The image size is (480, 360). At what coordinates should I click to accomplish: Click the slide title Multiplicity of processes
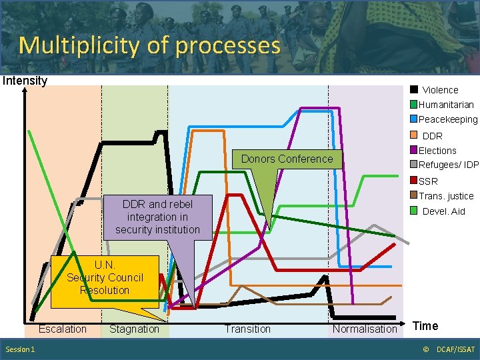(149, 45)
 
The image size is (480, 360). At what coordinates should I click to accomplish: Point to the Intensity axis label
(25, 81)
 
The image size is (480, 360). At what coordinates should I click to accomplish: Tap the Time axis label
(425, 325)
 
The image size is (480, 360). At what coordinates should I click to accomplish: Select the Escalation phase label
(62, 329)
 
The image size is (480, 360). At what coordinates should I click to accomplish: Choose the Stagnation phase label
(134, 329)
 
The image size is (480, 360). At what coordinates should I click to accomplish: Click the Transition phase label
(247, 329)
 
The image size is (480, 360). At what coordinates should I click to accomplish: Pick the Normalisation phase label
(365, 329)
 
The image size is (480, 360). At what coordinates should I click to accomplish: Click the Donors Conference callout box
(286, 159)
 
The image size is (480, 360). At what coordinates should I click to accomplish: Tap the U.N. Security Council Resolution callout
(105, 278)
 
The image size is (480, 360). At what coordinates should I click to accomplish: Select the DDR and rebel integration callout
(157, 217)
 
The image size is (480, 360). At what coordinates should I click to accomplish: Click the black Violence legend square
(414, 90)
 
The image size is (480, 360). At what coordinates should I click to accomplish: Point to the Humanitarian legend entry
(445, 105)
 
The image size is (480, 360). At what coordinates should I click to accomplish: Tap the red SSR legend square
(414, 181)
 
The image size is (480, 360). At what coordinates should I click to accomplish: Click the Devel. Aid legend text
(444, 211)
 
